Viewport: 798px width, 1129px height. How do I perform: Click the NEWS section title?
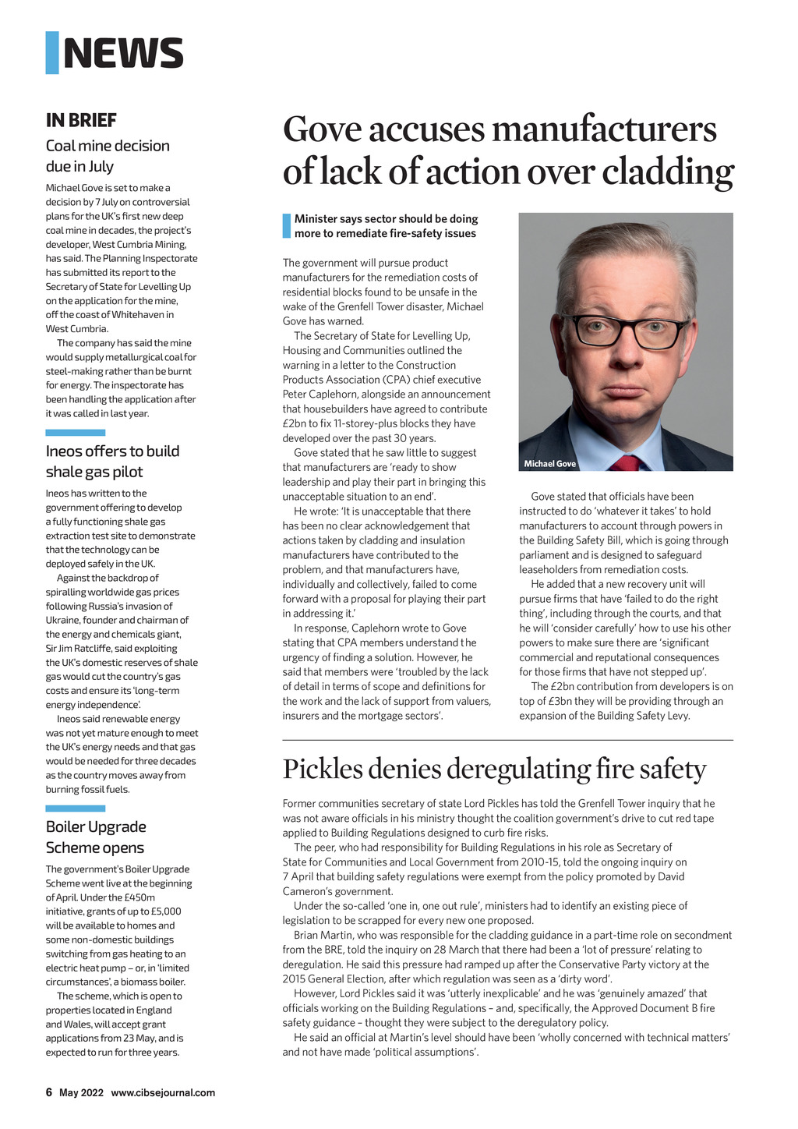click(x=123, y=53)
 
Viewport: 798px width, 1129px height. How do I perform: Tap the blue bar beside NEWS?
click(x=52, y=53)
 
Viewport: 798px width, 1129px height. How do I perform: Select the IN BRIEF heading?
click(x=81, y=120)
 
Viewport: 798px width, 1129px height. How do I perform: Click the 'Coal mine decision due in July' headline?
click(x=108, y=156)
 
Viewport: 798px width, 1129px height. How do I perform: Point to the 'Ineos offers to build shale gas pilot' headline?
click(x=112, y=462)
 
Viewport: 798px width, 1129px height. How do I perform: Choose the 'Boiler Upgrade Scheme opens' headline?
click(x=96, y=837)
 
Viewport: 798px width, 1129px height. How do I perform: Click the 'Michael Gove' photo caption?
click(x=550, y=464)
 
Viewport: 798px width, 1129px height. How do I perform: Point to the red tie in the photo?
click(x=626, y=463)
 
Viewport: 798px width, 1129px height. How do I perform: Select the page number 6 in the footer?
click(x=49, y=1092)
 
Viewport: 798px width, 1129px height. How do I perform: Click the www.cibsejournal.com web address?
click(x=163, y=1092)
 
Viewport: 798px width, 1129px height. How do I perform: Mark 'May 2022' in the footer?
click(x=81, y=1092)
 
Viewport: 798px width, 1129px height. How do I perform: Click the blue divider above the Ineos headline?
click(x=75, y=433)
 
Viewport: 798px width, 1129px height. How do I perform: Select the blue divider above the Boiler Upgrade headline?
click(x=75, y=809)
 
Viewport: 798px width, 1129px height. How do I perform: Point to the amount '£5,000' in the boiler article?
click(x=162, y=911)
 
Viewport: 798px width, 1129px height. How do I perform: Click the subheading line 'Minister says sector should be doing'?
click(x=386, y=219)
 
